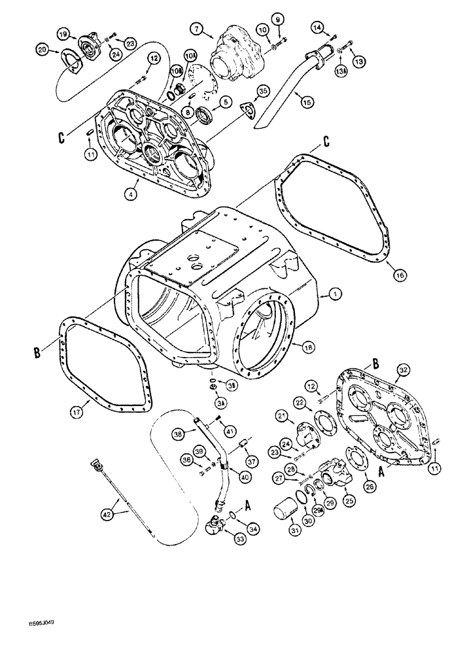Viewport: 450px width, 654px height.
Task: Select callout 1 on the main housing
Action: (335, 296)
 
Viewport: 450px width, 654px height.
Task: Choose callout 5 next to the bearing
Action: (226, 101)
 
